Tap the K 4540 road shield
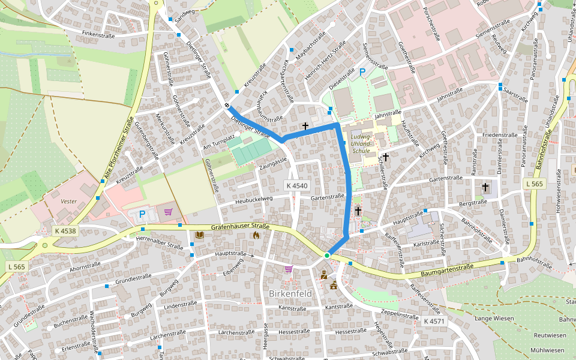coord(296,186)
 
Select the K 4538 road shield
coord(65,230)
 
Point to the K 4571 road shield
coord(434,321)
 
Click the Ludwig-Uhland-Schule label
coord(362,144)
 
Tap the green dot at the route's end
coord(327,256)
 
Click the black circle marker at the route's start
coord(227,107)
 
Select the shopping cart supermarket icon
coord(168,212)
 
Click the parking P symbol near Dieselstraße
coord(362,72)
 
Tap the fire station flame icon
coord(256,235)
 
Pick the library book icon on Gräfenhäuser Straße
coord(199,235)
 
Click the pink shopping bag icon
coord(289,269)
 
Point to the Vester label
coord(68,202)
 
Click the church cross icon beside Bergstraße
coord(485,188)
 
